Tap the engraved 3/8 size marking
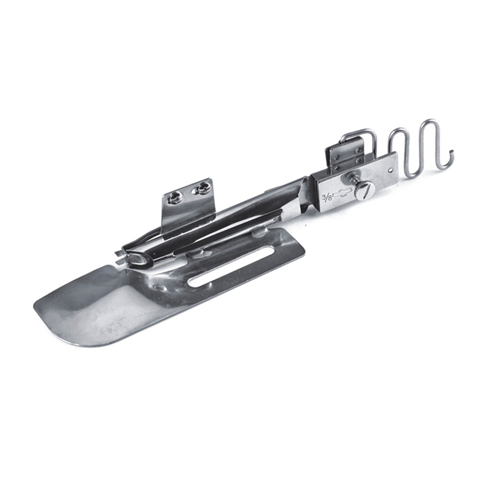(327, 197)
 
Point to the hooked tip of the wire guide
(450, 153)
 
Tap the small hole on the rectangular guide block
(391, 170)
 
